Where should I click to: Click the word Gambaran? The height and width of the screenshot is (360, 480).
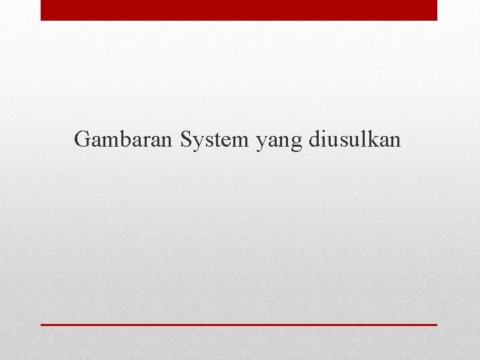pos(124,139)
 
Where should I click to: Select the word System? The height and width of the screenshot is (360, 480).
pos(215,139)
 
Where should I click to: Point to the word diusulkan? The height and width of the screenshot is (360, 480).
pos(355,139)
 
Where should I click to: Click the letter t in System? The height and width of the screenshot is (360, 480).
pos(221,140)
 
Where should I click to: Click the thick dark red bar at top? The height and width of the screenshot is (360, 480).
pos(239,10)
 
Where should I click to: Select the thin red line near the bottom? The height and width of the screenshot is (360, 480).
pos(239,325)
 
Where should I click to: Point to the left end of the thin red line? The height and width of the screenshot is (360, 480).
pos(42,325)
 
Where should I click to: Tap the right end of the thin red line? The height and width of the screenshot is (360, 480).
pos(436,325)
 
